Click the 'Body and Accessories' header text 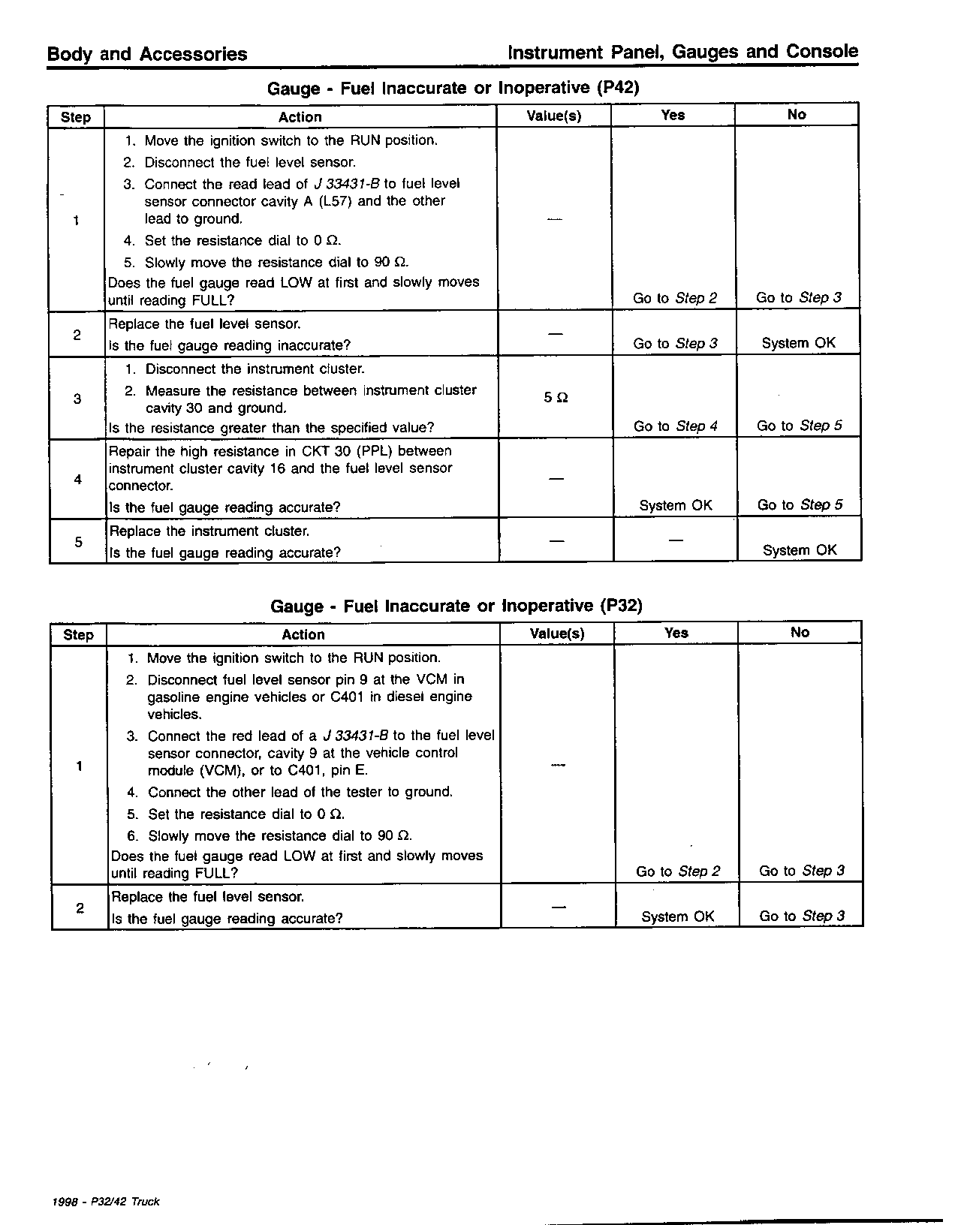point(147,54)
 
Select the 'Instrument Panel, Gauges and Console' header point(682,53)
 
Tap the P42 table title point(453,88)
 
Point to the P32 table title point(456,606)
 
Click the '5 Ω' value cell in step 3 point(556,398)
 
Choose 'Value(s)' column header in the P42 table point(554,116)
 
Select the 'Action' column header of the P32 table point(303,634)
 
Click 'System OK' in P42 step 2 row point(798,343)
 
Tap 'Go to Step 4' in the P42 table point(675,426)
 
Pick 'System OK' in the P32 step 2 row point(677,916)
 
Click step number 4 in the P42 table point(78,479)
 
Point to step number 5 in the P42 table point(78,541)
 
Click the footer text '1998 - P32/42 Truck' point(106,1202)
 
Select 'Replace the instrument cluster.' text point(209,531)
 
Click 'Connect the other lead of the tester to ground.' point(300,792)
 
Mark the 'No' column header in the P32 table point(800,633)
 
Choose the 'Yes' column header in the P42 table point(673,115)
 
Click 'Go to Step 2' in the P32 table point(677,871)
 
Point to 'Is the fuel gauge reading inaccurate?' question point(230,345)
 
